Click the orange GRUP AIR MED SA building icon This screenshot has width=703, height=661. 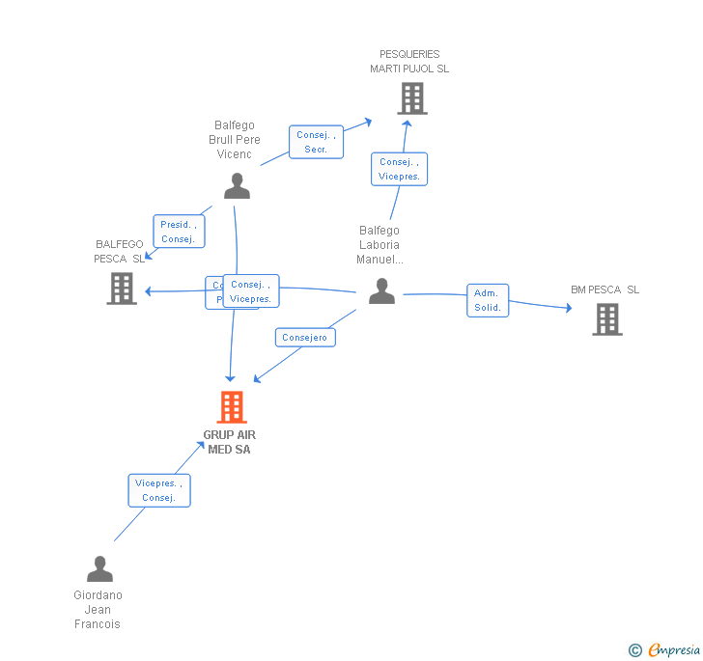click(232, 407)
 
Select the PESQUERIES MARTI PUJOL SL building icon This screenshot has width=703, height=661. click(412, 98)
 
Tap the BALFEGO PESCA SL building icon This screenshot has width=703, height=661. click(122, 289)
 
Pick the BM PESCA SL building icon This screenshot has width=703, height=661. click(606, 319)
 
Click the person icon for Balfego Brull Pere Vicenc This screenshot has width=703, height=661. click(237, 186)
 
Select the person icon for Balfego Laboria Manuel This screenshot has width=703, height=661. click(381, 290)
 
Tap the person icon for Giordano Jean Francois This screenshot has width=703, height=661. click(99, 569)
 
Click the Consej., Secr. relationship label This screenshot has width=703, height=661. click(316, 142)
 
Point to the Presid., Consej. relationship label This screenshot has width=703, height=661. click(179, 232)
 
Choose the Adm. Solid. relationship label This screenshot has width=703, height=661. click(488, 300)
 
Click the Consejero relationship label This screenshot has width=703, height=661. click(305, 337)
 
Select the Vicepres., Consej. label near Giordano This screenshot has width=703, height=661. click(159, 490)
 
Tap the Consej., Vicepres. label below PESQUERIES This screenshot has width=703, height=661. click(399, 169)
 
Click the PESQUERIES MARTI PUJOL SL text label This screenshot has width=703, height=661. click(409, 62)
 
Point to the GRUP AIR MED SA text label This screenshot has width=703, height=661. click(230, 442)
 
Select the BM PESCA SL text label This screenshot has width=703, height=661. click(605, 289)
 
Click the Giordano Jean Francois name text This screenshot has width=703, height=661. click(98, 610)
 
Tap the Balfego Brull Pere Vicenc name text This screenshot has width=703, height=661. click(235, 140)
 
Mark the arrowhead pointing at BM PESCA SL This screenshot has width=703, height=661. click(568, 308)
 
